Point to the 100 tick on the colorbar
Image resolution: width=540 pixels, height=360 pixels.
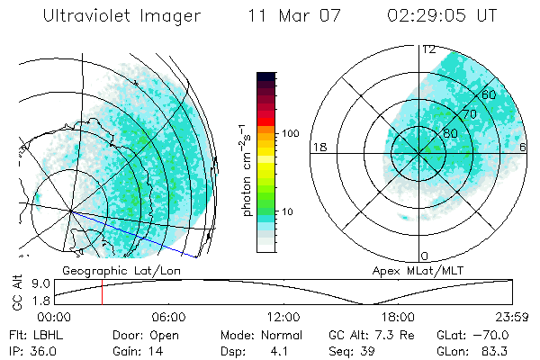(x=289, y=133)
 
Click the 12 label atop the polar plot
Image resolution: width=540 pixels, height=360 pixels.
(x=429, y=49)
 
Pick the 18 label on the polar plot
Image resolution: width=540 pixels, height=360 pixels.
(x=319, y=147)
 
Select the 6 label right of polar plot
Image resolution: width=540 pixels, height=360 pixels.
(x=523, y=147)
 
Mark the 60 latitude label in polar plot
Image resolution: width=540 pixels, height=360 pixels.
(x=490, y=94)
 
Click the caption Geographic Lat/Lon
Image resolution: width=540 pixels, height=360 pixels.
(x=110, y=270)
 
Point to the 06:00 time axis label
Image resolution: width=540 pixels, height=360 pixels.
(x=168, y=317)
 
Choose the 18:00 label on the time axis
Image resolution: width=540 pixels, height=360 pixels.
(x=398, y=317)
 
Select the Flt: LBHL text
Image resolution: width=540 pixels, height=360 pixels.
(x=32, y=335)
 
